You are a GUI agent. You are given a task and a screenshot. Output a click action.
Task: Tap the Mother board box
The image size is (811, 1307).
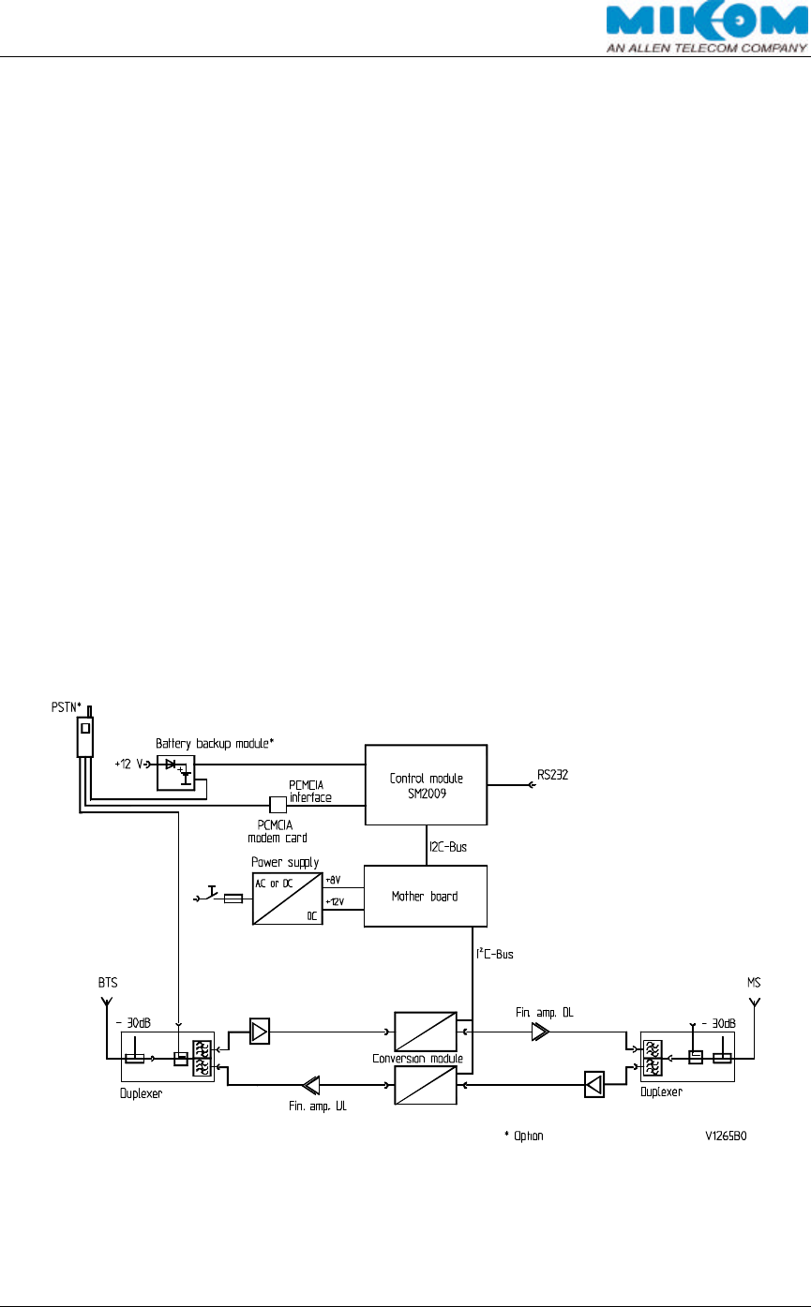(426, 896)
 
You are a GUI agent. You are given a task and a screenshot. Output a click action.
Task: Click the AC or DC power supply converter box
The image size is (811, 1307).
(288, 898)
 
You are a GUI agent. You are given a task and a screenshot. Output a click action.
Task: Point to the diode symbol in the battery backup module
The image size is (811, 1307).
(172, 765)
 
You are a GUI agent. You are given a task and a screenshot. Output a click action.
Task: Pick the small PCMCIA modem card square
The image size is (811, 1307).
(278, 804)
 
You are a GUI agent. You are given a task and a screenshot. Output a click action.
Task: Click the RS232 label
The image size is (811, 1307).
(553, 775)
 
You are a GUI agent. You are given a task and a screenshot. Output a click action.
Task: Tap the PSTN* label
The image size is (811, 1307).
(68, 705)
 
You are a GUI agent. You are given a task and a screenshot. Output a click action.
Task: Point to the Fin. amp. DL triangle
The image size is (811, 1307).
(540, 1032)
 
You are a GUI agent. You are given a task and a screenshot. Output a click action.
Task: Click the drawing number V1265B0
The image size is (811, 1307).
(732, 1135)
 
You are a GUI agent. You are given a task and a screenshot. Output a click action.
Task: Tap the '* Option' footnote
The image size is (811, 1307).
(524, 1135)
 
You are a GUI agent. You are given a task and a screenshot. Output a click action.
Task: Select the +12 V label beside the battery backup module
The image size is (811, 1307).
(128, 764)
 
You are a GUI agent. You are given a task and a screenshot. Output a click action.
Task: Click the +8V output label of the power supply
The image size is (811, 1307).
(333, 879)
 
